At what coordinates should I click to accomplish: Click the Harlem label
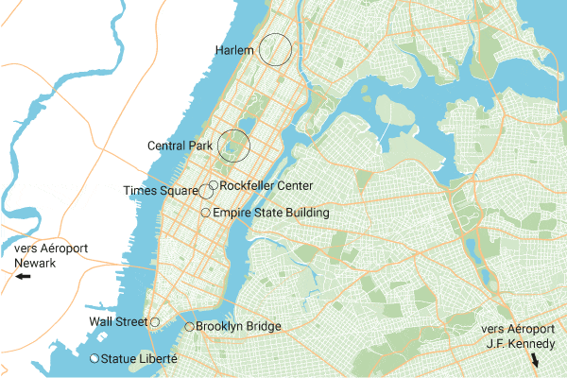tap(234, 49)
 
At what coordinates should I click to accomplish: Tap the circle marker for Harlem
tap(275, 49)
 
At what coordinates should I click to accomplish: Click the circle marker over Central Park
tap(233, 146)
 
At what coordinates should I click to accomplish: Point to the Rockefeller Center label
tap(266, 185)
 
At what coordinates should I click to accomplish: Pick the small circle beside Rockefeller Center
tap(214, 185)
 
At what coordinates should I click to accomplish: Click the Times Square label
tap(161, 192)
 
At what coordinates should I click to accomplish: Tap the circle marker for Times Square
tap(206, 192)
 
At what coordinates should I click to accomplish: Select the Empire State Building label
tap(271, 214)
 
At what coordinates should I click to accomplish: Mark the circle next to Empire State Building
tap(206, 214)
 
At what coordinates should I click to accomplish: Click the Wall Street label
tap(118, 322)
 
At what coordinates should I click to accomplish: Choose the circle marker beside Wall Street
tap(155, 322)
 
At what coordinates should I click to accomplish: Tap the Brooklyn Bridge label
tap(238, 327)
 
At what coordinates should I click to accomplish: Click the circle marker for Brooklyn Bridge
tap(189, 327)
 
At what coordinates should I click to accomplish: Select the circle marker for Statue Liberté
tap(94, 359)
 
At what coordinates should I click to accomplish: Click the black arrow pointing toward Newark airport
tap(23, 277)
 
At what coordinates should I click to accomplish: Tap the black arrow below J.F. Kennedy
tap(535, 361)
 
